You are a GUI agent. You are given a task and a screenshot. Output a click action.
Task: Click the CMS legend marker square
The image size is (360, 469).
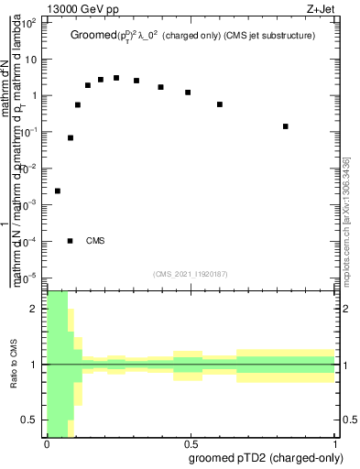tap(71, 241)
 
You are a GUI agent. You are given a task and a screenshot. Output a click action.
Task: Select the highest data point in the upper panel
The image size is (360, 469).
tap(116, 78)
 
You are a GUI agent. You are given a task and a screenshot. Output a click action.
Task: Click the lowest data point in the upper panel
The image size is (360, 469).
tap(58, 191)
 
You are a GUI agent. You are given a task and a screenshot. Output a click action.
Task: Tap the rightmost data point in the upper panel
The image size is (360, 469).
tap(286, 126)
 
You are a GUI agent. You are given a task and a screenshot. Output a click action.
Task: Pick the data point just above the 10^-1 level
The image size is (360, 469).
tap(71, 137)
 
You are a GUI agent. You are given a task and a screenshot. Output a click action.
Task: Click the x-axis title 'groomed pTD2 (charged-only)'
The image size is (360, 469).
tap(262, 458)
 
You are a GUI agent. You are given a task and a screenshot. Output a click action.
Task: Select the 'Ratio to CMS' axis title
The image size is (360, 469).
tap(13, 365)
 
